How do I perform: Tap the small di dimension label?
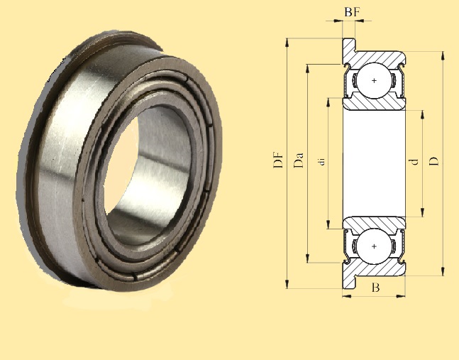click(322, 163)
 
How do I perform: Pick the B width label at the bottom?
click(375, 288)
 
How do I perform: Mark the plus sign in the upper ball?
click(375, 81)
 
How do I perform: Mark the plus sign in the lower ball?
click(375, 246)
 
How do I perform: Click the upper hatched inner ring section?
click(375, 104)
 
